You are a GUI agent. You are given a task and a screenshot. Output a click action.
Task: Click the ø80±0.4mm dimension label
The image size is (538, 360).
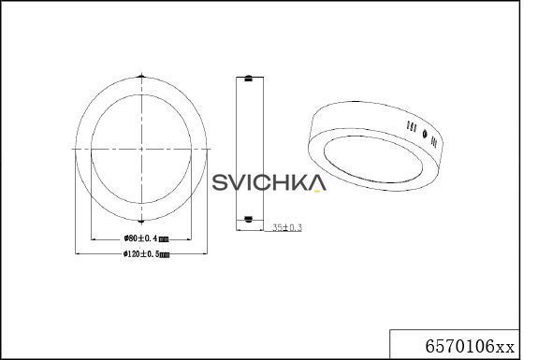pos(146,238)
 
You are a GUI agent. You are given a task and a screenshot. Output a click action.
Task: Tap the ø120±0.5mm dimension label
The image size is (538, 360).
pos(147,254)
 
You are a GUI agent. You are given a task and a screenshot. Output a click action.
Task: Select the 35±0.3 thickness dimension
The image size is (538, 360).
pos(287,227)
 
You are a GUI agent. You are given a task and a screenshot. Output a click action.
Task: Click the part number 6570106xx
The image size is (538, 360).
pos(470,346)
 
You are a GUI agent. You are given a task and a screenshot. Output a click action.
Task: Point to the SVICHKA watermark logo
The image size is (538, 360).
pos(269,182)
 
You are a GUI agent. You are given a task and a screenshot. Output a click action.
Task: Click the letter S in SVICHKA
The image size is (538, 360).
pos(220,182)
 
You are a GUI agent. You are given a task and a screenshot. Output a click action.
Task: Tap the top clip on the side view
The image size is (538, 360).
pos(248,79)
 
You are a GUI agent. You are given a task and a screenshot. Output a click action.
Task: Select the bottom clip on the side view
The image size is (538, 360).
pos(248,219)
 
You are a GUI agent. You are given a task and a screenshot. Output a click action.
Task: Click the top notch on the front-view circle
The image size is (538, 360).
pos(141,76)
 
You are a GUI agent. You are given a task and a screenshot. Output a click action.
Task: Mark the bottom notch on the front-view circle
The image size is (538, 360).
pos(141,221)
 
